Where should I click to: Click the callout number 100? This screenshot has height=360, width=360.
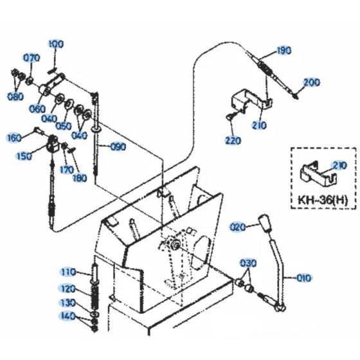coord(56,44)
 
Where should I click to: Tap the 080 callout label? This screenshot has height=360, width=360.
coord(16,96)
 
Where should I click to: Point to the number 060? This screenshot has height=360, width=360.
coord(38,109)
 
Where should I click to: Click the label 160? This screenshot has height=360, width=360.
coord(14,137)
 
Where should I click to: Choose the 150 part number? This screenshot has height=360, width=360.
coord(23,156)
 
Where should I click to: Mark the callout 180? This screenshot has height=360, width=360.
coord(80,177)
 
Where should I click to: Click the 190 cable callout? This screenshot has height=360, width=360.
coord(283,50)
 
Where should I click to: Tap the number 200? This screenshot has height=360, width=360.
coord(311,82)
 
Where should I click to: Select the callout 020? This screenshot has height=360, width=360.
coord(238,226)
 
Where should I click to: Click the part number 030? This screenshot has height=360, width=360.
coord(248,264)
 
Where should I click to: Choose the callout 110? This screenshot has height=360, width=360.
coord(68,271)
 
